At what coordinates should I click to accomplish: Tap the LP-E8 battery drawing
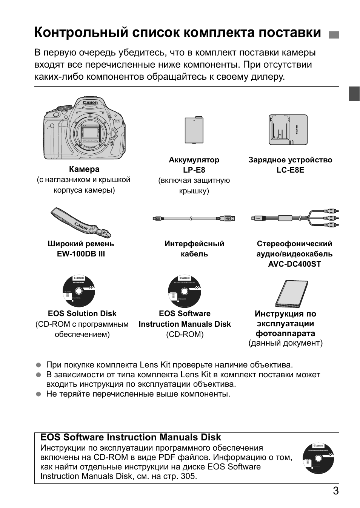coord(194,130)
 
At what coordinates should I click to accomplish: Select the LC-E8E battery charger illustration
coord(288,130)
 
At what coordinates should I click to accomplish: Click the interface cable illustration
coord(194,218)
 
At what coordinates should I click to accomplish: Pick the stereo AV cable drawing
coord(295,218)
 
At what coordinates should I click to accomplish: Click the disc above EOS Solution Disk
coord(79,291)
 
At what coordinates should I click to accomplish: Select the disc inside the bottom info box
coord(318,459)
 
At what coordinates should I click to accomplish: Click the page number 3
coord(335,491)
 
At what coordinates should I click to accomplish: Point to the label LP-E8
coord(194,170)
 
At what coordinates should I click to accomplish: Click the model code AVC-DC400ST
coord(294,264)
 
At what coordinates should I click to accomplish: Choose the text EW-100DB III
coord(81,254)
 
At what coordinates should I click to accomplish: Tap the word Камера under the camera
coord(84,169)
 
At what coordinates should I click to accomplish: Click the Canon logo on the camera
coord(90,102)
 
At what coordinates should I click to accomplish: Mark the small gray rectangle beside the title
coord(334,35)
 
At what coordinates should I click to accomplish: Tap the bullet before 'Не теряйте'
coord(38,394)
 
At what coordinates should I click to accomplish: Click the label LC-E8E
coord(290,170)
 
